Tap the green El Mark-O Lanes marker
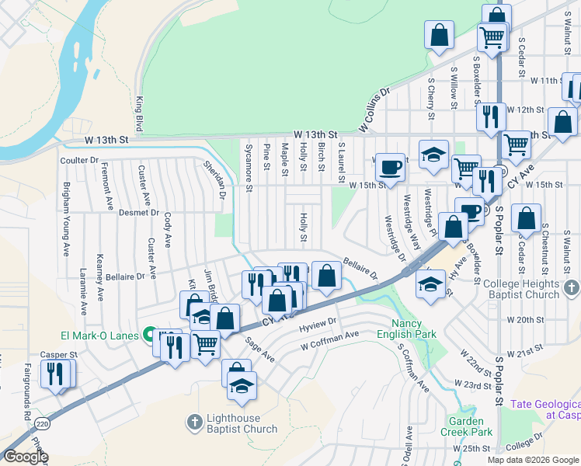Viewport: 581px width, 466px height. tap(145, 336)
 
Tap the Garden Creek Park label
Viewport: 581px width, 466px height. tap(471, 426)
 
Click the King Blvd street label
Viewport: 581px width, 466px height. tap(140, 113)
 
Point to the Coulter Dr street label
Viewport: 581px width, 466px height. tap(79, 160)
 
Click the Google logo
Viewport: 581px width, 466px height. tap(26, 457)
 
